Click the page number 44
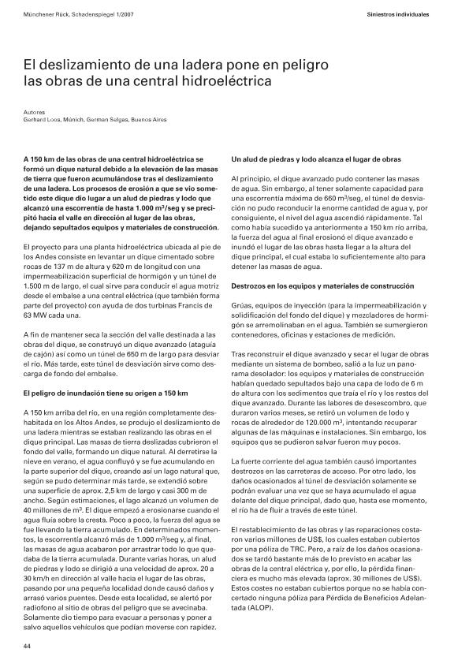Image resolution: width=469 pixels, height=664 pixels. [x=26, y=646]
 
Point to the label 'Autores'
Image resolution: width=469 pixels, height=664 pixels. [x=34, y=112]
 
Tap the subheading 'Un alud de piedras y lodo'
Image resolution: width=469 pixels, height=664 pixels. [x=277, y=160]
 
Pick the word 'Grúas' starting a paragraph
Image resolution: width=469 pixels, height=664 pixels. [x=241, y=303]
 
